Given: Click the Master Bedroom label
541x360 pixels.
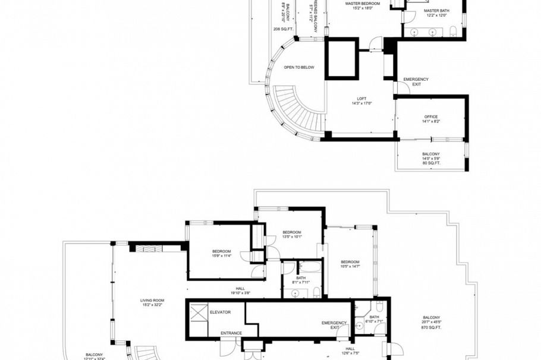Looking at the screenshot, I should click(x=364, y=4).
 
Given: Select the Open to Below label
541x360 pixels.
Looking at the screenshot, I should click(x=299, y=67).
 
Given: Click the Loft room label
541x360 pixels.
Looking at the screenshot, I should click(x=361, y=99).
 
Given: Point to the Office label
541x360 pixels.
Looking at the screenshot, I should click(x=431, y=116).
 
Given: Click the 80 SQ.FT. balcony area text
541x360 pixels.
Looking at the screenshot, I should click(x=431, y=164).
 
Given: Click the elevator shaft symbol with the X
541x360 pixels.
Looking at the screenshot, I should click(x=199, y=311).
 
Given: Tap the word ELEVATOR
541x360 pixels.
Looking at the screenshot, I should click(x=220, y=312).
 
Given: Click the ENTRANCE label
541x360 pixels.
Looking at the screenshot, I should click(x=231, y=333).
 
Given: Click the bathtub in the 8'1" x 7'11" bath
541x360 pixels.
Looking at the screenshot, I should click(x=309, y=267).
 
